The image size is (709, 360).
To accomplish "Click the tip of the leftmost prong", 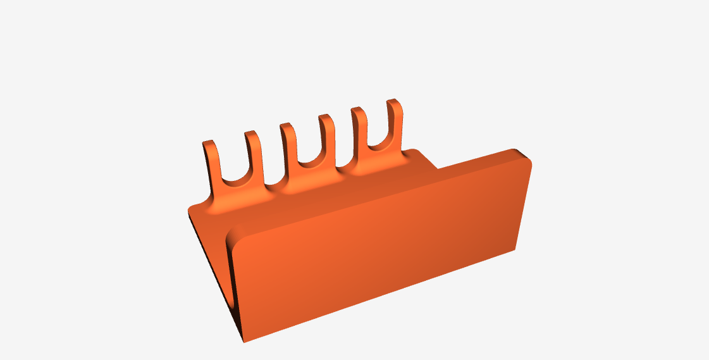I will (x=209, y=144).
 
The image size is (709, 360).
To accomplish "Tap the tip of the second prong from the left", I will (x=251, y=134).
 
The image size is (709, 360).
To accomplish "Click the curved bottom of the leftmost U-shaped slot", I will (x=232, y=182).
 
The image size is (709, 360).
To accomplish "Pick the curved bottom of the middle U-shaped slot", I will (x=308, y=164).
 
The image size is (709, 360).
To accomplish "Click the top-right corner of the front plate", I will (x=526, y=154).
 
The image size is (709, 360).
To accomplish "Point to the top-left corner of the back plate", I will (x=192, y=211).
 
